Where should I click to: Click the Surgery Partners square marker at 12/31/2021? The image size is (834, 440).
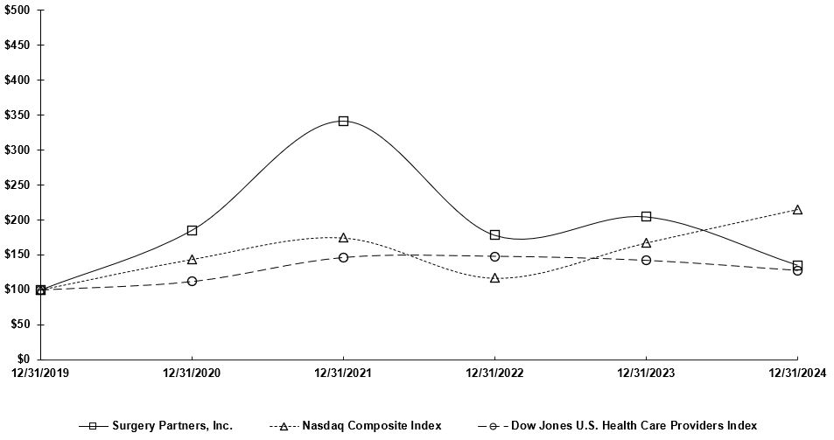pyautogui.click(x=343, y=121)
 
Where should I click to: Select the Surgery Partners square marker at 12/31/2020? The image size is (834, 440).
pyautogui.click(x=192, y=230)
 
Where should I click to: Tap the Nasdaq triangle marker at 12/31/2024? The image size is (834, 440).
pyautogui.click(x=797, y=210)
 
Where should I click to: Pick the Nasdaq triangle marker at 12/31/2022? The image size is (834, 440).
pyautogui.click(x=494, y=278)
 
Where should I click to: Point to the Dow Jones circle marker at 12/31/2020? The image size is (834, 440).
pyautogui.click(x=192, y=281)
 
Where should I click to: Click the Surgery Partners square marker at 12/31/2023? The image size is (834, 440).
pyautogui.click(x=646, y=216)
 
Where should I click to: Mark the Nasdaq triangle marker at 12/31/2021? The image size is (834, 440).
pyautogui.click(x=343, y=237)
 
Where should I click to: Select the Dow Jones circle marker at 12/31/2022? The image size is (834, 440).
pyautogui.click(x=494, y=256)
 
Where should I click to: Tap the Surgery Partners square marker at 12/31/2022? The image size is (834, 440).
pyautogui.click(x=494, y=234)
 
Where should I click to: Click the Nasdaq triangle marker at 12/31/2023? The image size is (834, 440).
pyautogui.click(x=646, y=243)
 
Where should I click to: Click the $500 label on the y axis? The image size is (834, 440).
pyautogui.click(x=18, y=10)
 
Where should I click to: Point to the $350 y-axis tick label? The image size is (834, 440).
pyautogui.click(x=18, y=115)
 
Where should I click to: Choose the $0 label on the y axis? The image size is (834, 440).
pyautogui.click(x=24, y=359)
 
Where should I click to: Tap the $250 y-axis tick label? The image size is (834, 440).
pyautogui.click(x=18, y=185)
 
